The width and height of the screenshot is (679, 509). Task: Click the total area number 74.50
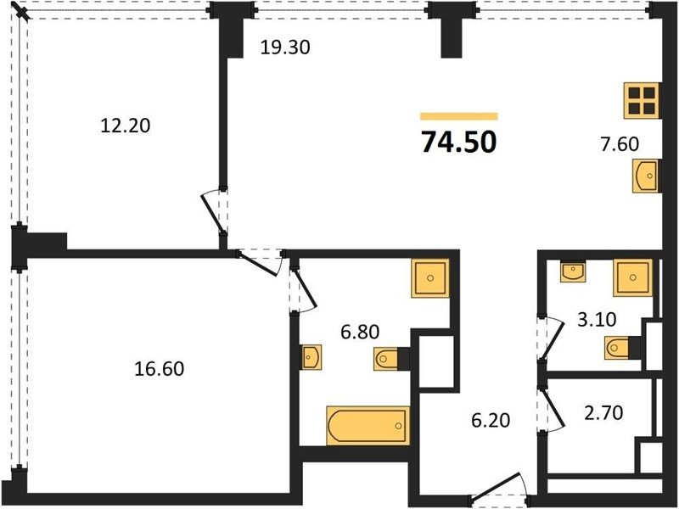(x=458, y=142)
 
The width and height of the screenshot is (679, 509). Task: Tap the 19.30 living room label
(x=285, y=48)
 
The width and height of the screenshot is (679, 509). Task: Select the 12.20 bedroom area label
(x=125, y=126)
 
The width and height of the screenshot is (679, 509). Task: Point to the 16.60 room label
(x=159, y=369)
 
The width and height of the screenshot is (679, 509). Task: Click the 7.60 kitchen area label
(x=620, y=143)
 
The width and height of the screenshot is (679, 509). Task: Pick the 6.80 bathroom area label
(x=360, y=332)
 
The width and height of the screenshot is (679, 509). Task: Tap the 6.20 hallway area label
(x=491, y=420)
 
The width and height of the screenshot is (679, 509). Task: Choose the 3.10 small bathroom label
(x=597, y=320)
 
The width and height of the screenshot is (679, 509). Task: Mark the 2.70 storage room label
(x=603, y=412)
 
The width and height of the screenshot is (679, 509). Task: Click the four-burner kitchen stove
(x=643, y=100)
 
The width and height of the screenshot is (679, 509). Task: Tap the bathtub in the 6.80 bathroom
(x=368, y=426)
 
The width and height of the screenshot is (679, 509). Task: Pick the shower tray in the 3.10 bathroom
(x=632, y=277)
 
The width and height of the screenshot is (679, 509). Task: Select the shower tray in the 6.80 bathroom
(x=430, y=278)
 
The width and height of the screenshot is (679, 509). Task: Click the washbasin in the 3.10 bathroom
(x=572, y=271)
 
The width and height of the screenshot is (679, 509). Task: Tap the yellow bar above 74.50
(x=458, y=116)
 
